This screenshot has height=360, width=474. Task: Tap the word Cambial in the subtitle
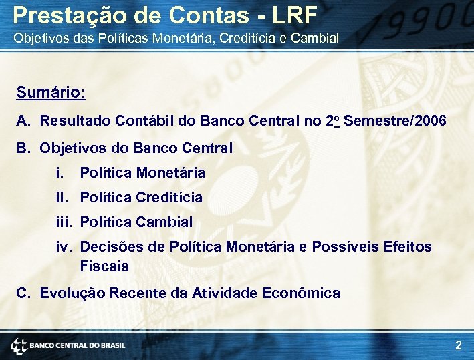point(318,38)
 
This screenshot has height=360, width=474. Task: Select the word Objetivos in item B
point(71,148)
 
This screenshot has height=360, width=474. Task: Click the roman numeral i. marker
point(61,173)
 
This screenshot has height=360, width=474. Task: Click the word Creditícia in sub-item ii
point(168,198)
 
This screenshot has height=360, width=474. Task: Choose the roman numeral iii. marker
point(65,222)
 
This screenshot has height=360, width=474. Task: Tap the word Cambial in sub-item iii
point(164,222)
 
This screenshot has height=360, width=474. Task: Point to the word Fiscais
point(104,266)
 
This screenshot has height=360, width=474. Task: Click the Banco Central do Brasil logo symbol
point(18,345)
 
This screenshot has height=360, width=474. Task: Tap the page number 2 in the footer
point(458,345)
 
